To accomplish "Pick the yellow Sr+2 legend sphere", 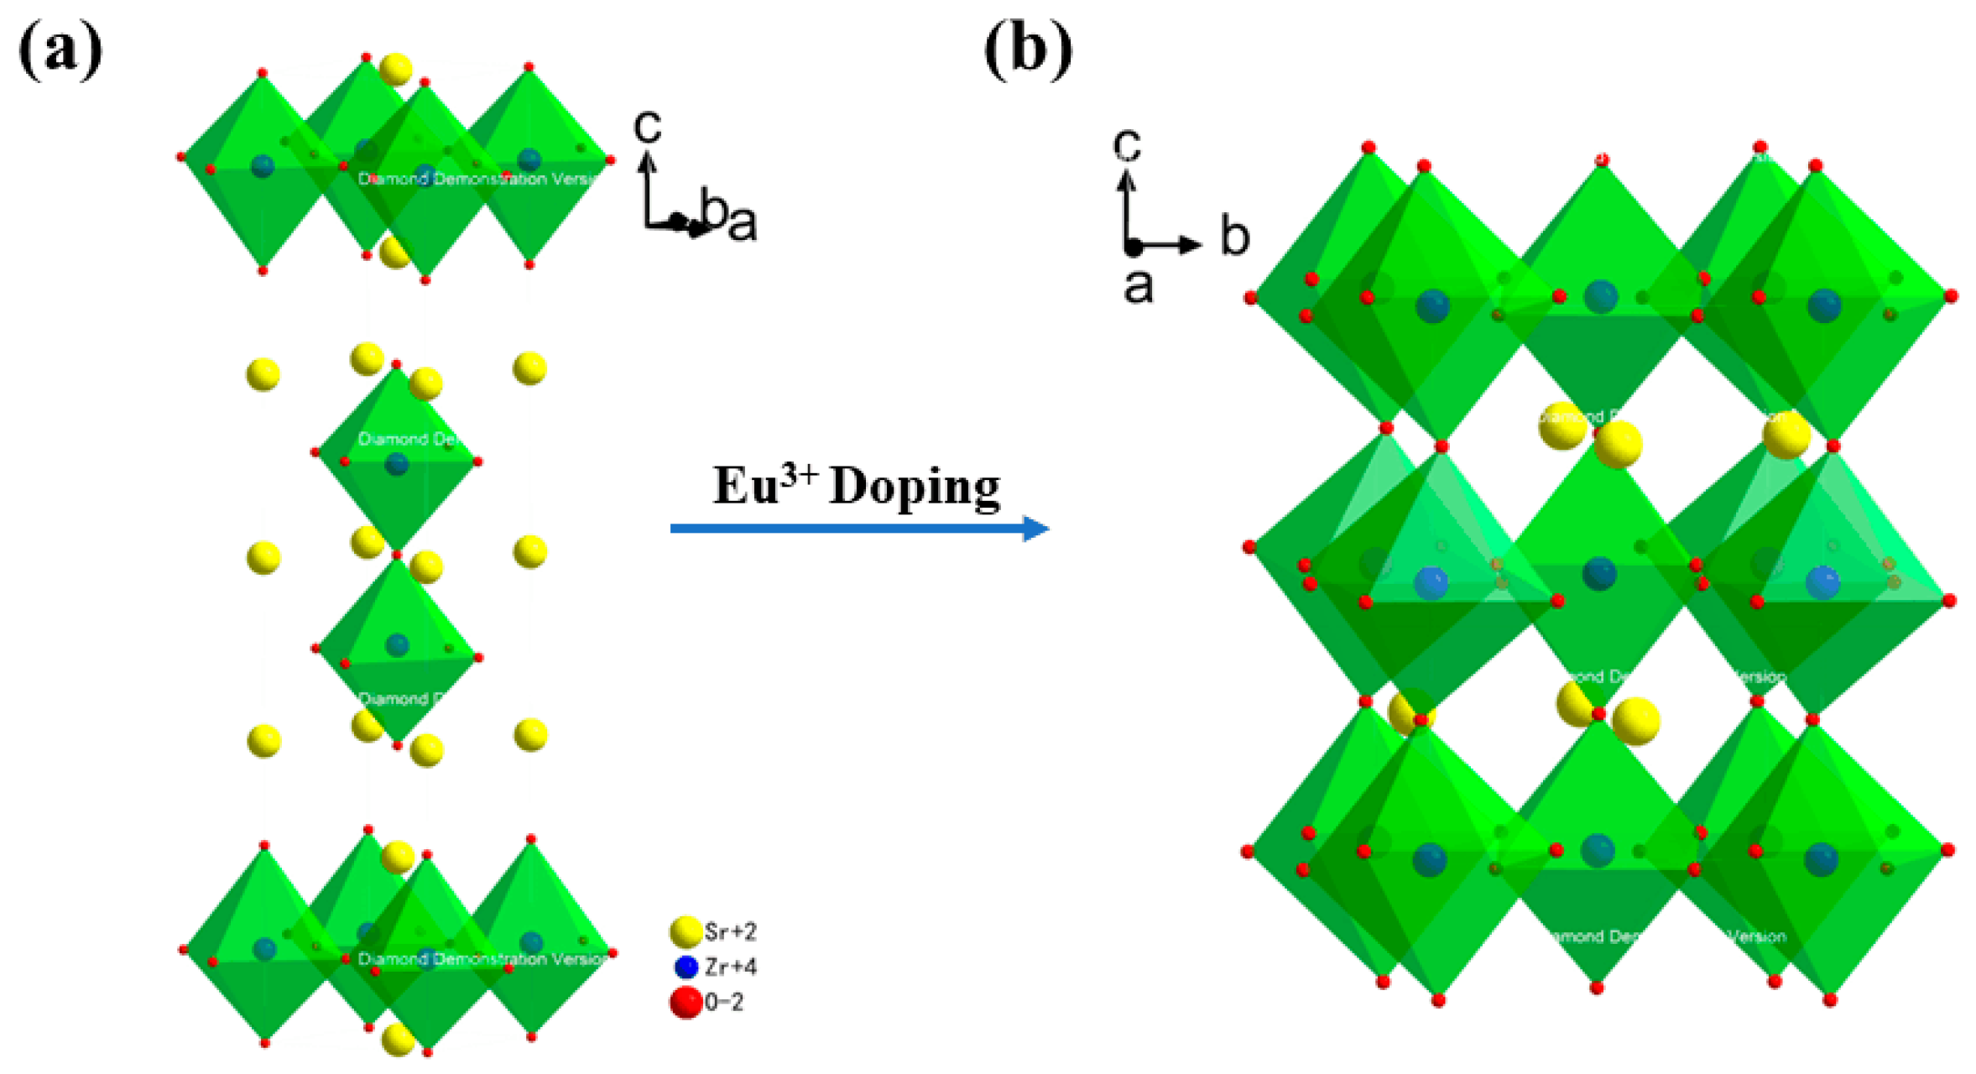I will [686, 931].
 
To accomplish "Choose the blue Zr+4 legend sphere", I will [686, 967].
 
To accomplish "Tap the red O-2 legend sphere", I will [686, 1002].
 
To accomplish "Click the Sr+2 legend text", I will [730, 931].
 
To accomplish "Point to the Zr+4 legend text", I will [730, 967].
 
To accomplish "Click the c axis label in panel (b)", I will [1127, 144].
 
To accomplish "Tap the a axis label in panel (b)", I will [1138, 286].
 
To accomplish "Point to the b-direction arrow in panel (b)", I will [1170, 245].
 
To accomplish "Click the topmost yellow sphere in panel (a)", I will [396, 69].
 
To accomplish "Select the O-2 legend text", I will [723, 1002].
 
